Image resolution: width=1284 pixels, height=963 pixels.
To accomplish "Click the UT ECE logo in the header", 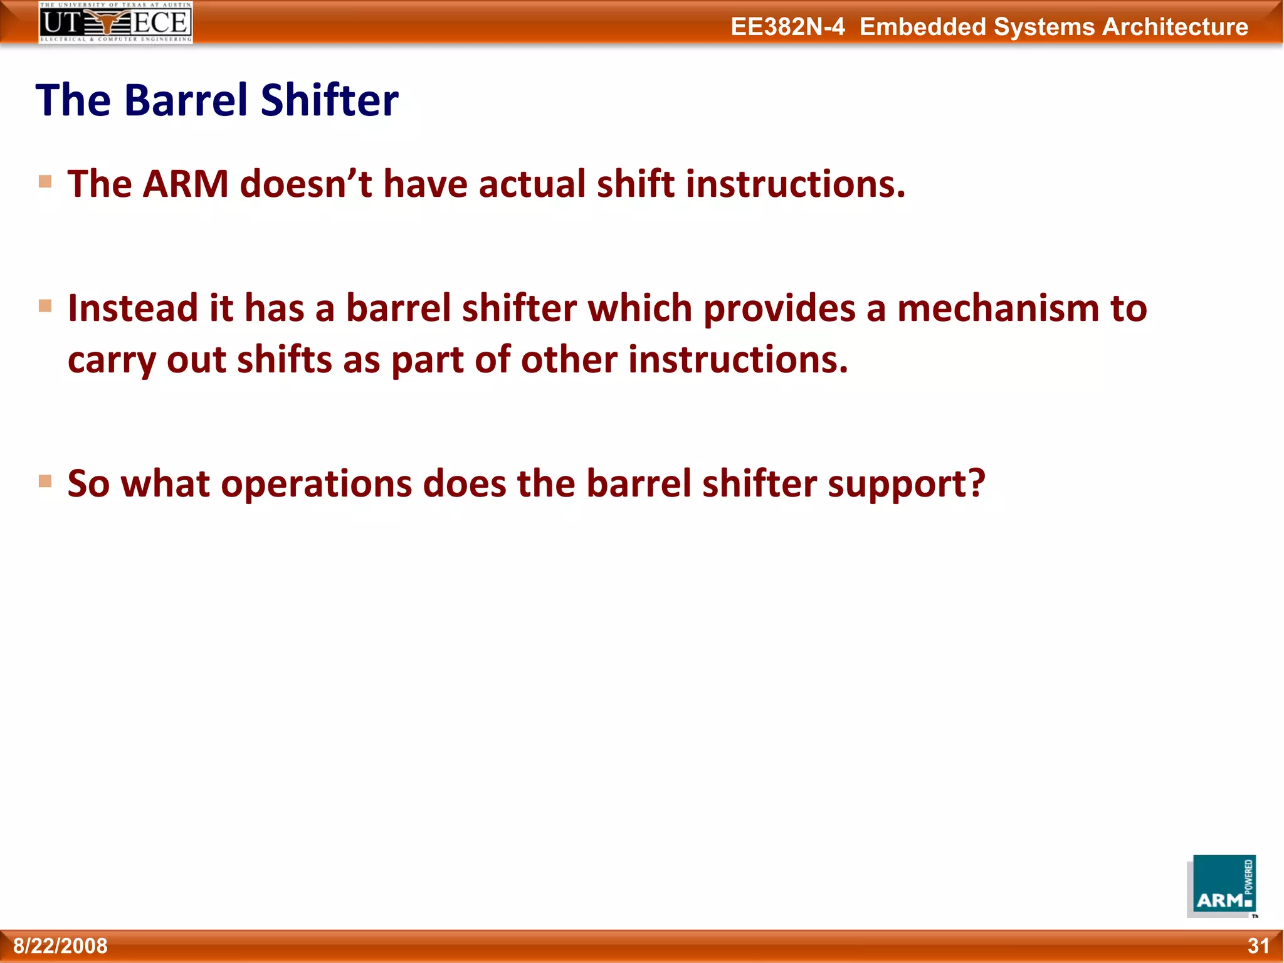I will (116, 23).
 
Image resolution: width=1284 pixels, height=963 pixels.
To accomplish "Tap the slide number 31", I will (1258, 945).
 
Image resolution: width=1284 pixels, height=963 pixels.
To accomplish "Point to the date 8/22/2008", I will (60, 945).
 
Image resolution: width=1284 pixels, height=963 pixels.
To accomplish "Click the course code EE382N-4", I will (787, 27).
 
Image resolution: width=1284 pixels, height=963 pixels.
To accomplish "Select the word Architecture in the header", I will (1175, 27).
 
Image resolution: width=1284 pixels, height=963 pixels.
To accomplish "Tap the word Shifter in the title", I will (329, 100).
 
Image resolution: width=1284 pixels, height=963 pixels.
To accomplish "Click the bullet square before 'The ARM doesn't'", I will (45, 182).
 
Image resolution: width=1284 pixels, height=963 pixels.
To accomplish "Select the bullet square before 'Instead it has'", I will (45, 306).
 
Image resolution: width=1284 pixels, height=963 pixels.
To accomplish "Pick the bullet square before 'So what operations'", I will (45, 481).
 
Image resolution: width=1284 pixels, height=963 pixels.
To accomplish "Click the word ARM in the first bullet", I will (186, 184).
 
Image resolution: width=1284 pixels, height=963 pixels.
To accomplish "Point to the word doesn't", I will (306, 184).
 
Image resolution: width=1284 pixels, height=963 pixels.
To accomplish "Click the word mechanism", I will (997, 309).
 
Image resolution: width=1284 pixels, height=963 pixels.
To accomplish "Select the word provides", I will (779, 309).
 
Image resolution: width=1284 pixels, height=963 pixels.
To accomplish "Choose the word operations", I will (316, 485).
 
